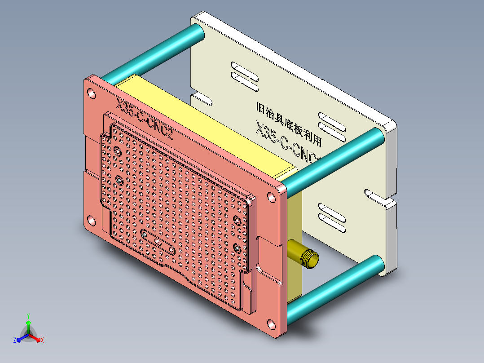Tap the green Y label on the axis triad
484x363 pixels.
coord(28,316)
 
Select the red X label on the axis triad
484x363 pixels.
coord(42,341)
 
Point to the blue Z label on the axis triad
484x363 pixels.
coord(15,341)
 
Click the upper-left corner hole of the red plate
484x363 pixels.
coord(92,93)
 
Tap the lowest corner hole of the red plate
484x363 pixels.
coord(271,324)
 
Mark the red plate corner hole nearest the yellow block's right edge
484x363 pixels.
coord(272,197)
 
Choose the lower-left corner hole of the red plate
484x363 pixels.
coord(91,221)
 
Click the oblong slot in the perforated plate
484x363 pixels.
coord(158,242)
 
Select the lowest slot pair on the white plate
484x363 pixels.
coord(332,217)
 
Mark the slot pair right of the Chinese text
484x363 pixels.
coord(333,125)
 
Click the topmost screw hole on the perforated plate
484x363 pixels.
coord(118,152)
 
